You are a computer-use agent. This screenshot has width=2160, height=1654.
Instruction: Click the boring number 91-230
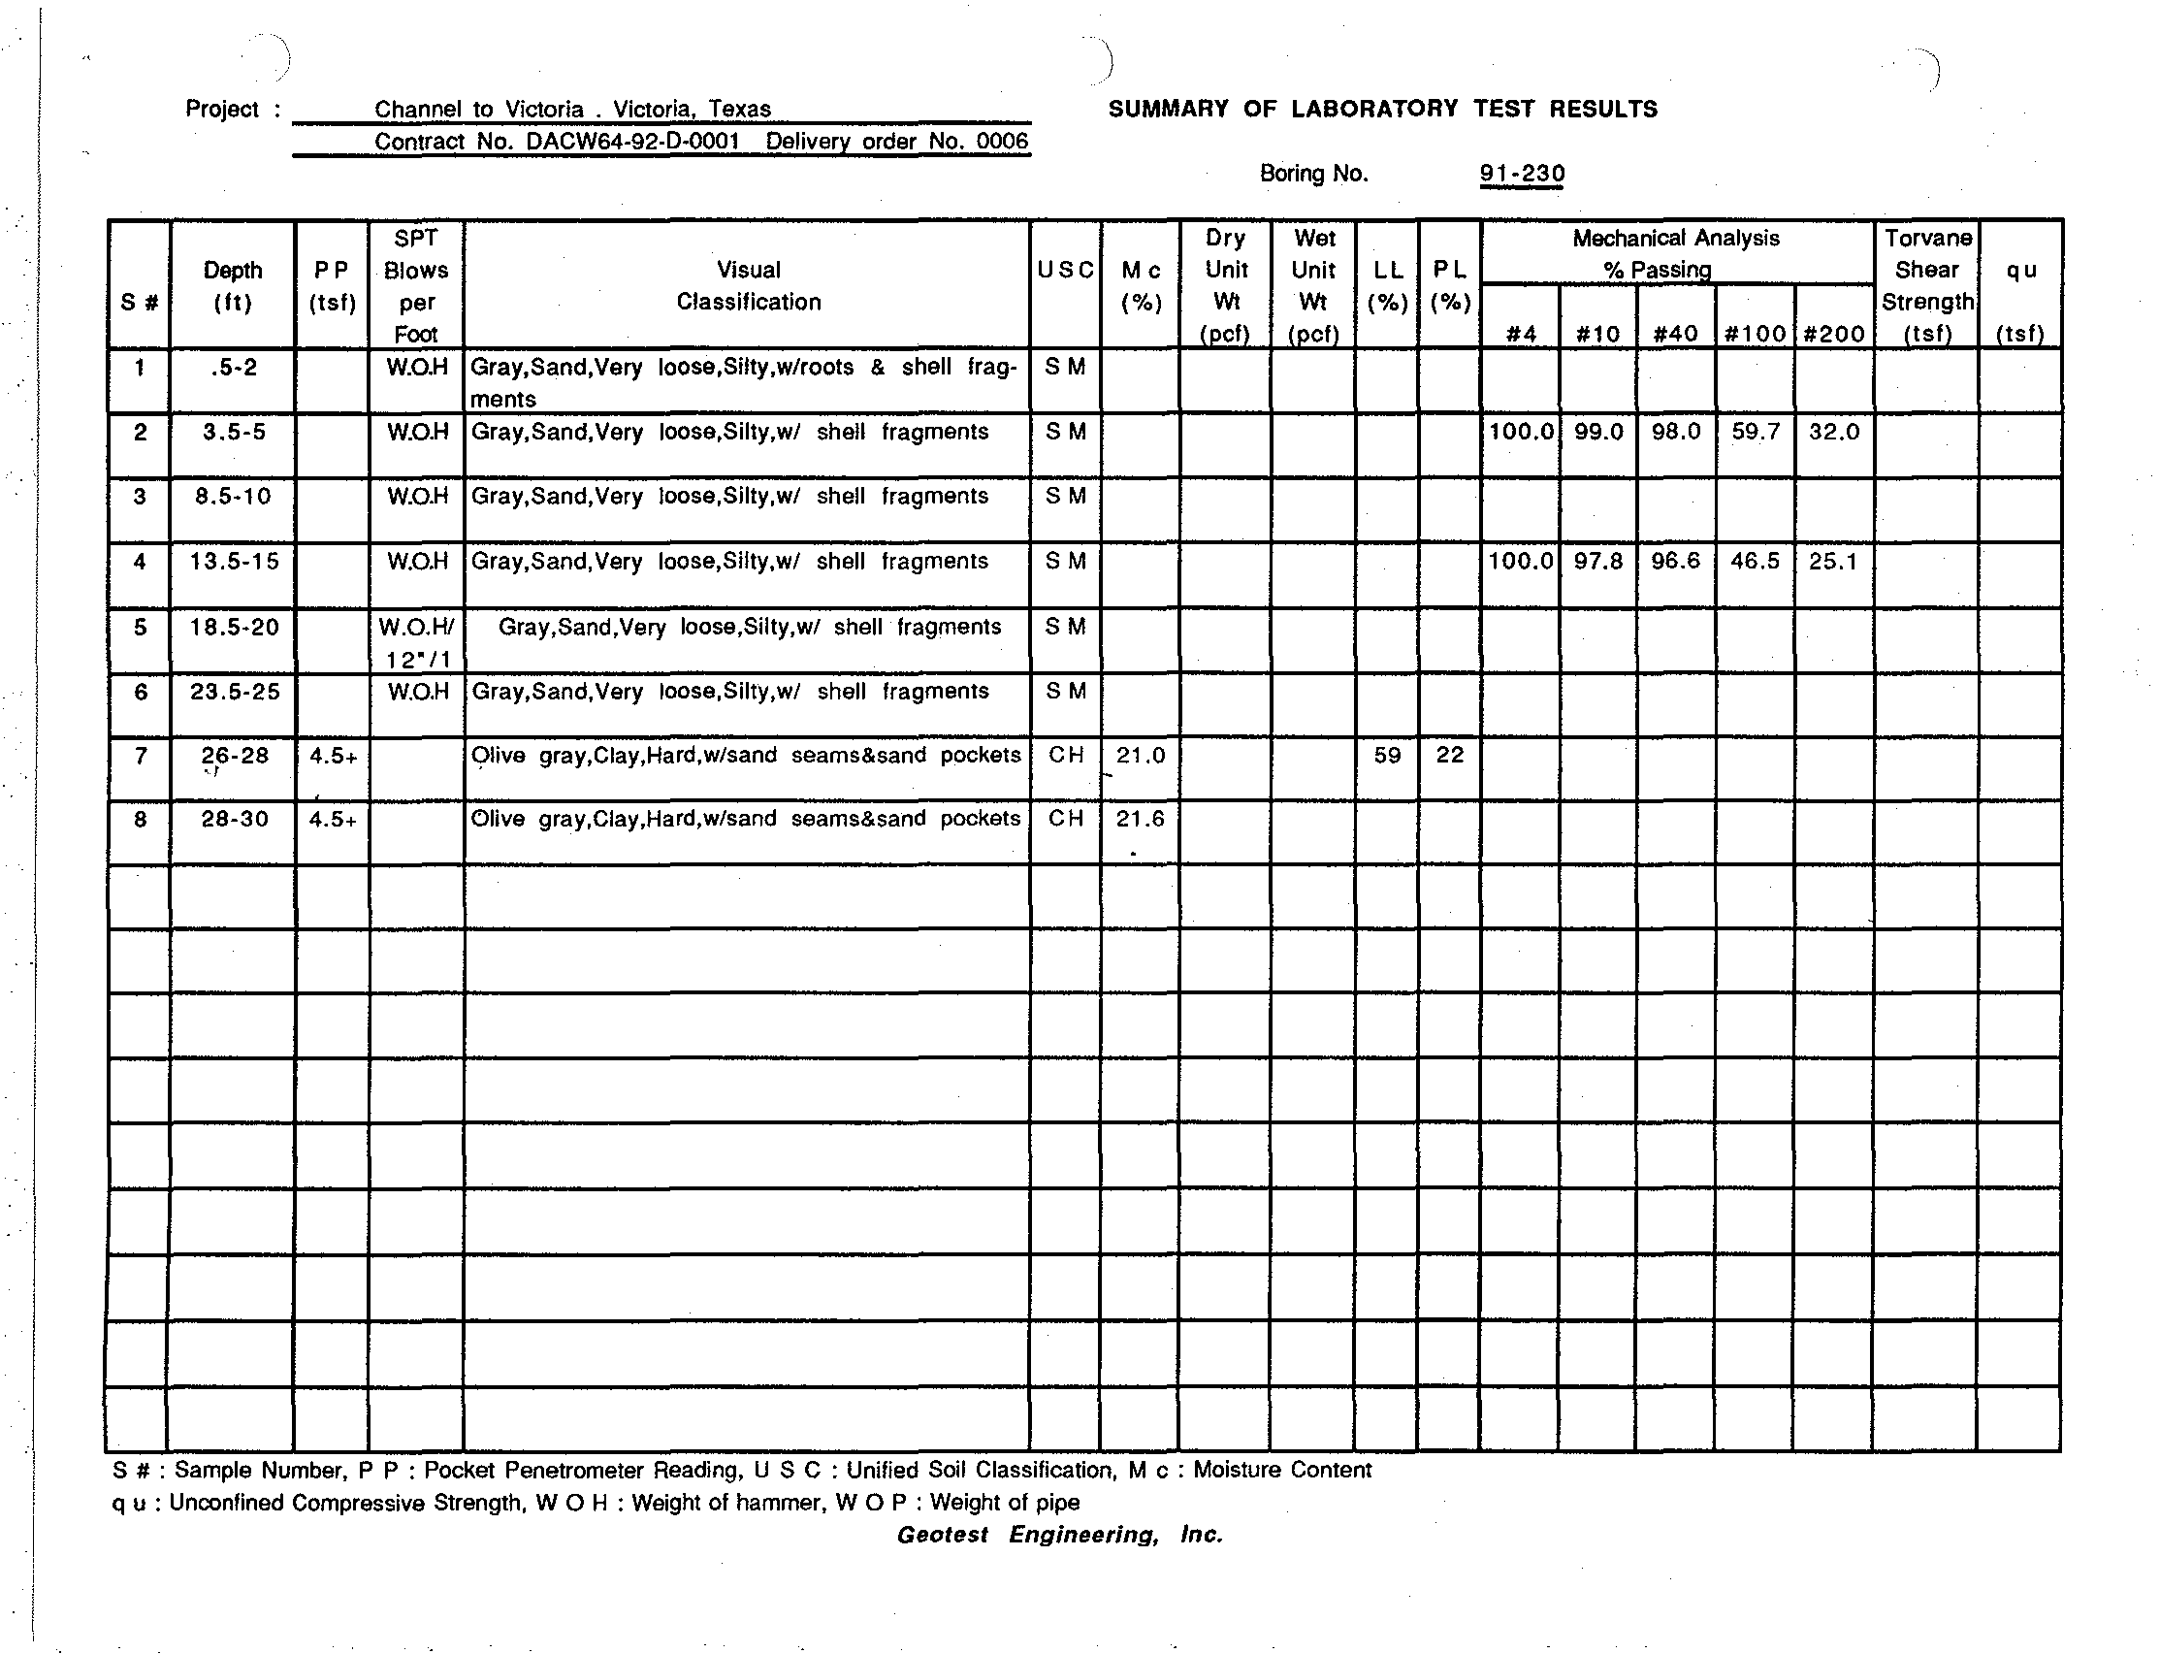pos(1521,175)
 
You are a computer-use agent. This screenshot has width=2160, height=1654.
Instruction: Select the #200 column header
pos(1833,334)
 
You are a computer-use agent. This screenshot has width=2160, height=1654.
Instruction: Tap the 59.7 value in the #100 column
pos(1755,433)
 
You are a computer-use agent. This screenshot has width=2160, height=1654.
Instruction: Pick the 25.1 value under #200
pos(1832,562)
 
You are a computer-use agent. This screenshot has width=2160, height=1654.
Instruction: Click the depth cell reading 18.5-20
pos(235,627)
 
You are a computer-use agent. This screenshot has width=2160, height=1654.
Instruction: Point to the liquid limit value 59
pos(1386,756)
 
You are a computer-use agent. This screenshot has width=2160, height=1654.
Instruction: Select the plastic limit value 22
pos(1449,756)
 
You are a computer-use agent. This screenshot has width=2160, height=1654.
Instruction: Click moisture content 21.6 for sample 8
pos(1140,819)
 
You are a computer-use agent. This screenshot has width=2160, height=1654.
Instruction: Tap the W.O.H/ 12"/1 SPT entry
pos(416,642)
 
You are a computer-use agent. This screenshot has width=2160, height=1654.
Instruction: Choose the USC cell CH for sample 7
pos(1065,755)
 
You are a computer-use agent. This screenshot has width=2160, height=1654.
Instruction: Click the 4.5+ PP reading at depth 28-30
pos(333,819)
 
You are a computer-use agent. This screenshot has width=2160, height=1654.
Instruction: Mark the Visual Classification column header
pos(748,285)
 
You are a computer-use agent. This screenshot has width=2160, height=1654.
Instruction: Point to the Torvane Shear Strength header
pos(1926,285)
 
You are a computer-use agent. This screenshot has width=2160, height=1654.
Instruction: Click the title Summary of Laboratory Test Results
pos(1382,110)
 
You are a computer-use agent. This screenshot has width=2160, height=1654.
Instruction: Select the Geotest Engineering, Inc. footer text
pos(1059,1535)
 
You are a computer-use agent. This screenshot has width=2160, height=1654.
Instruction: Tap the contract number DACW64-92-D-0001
pos(632,142)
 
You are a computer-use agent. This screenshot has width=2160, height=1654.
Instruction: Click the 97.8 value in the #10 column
pos(1597,562)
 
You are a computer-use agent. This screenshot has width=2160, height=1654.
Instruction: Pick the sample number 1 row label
pos(140,369)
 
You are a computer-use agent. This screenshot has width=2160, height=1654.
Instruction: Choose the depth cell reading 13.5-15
pos(235,562)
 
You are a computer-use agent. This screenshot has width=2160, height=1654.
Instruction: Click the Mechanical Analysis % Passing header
pos(1676,253)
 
